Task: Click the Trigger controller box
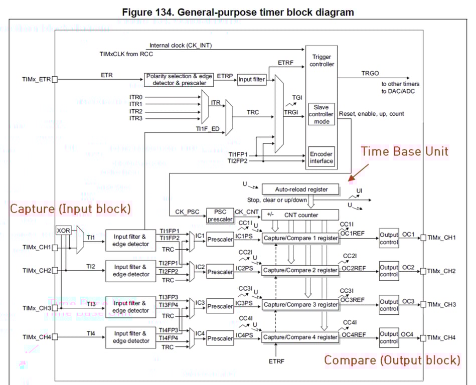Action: (x=322, y=61)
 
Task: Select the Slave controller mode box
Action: (x=321, y=114)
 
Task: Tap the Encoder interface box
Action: (x=321, y=157)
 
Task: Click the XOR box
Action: (x=64, y=230)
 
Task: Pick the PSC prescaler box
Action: (x=220, y=216)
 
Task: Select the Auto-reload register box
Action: (x=300, y=189)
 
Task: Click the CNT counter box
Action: (x=300, y=215)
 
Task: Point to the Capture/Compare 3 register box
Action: (x=300, y=304)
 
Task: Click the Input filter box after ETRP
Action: (x=251, y=79)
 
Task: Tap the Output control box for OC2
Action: (x=389, y=271)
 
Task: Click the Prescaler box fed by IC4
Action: (x=220, y=338)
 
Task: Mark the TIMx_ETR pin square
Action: (x=55, y=79)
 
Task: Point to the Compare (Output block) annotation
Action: (x=392, y=360)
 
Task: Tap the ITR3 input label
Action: (x=136, y=118)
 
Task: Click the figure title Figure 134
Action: (x=238, y=12)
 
